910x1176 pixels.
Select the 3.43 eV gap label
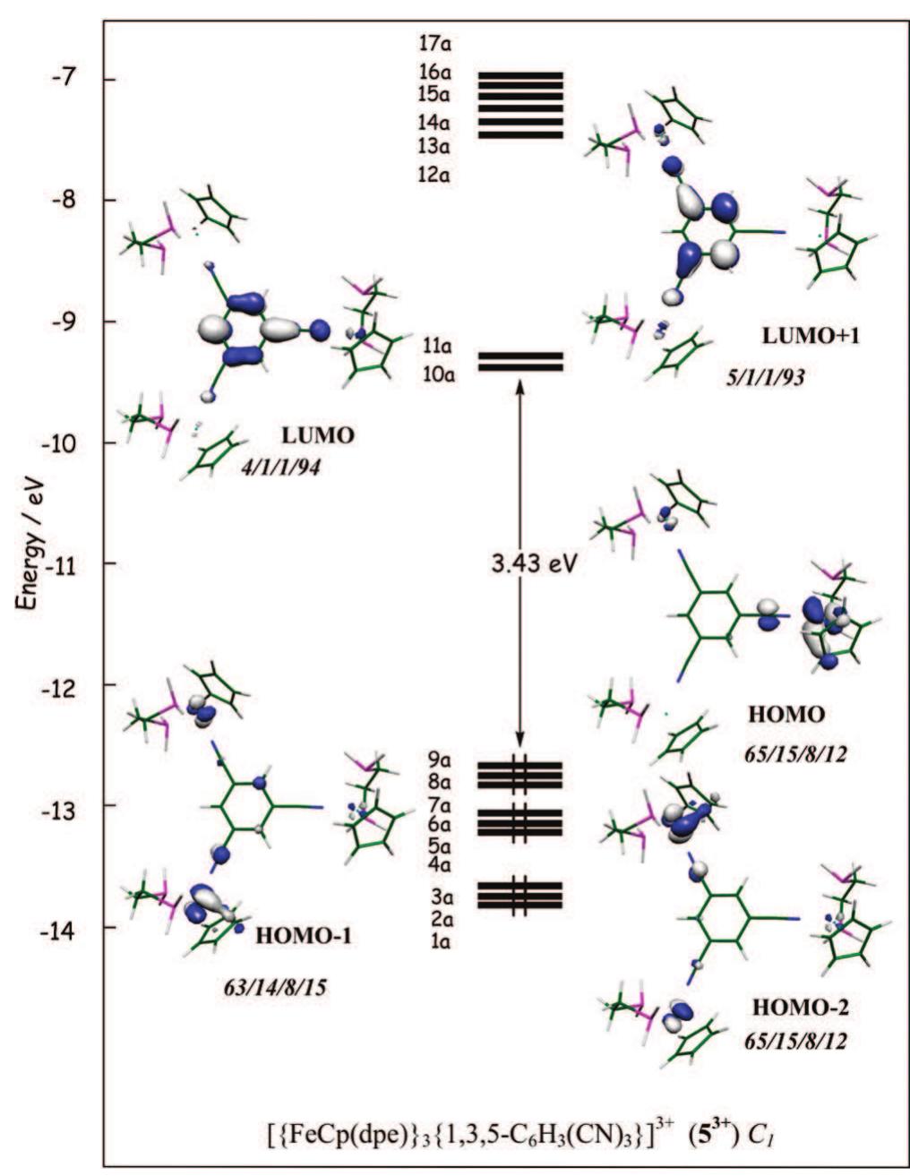tap(532, 564)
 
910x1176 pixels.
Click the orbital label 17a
tap(435, 43)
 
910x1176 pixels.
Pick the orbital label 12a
tap(435, 176)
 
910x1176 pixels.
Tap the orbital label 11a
tap(438, 346)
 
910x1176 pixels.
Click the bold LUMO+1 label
tap(811, 337)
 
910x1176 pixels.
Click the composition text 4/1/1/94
tap(280, 467)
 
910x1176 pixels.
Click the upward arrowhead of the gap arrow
tap(519, 385)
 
